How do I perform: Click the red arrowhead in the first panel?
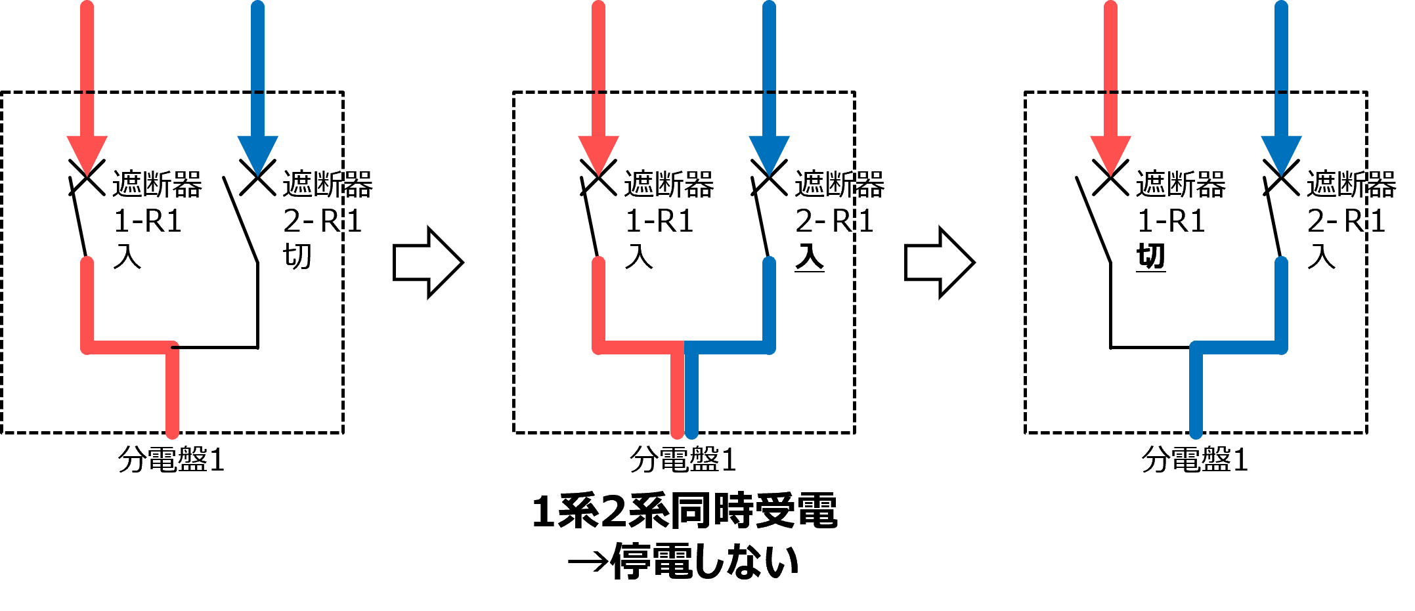click(x=87, y=154)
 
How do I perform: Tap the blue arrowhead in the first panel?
click(x=257, y=154)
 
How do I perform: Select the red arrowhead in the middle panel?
click(x=598, y=154)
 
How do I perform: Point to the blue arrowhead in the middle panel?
click(x=769, y=154)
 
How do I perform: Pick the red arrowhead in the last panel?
click(x=1110, y=154)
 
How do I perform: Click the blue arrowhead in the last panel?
click(x=1281, y=154)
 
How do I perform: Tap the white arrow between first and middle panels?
click(x=427, y=263)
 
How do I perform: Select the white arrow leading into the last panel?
click(x=939, y=263)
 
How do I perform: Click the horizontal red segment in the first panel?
click(x=130, y=348)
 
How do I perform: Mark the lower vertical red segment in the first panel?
click(x=173, y=394)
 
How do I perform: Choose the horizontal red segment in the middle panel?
click(x=640, y=348)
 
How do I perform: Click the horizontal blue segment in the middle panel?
click(x=728, y=348)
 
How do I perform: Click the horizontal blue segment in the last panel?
click(x=1238, y=348)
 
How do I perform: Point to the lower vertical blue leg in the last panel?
click(x=1196, y=394)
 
